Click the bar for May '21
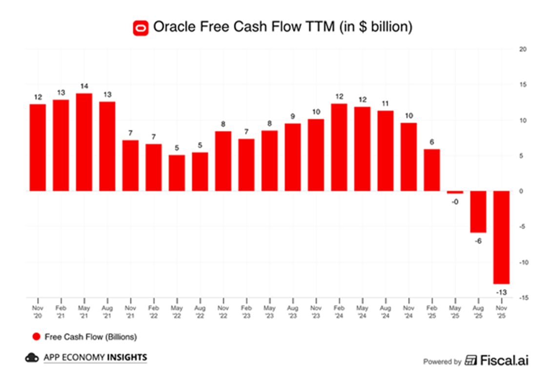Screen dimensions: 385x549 [84, 142]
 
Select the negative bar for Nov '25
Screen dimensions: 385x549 [501, 237]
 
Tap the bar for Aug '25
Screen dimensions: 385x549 [478, 212]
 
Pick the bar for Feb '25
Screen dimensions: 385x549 [432, 170]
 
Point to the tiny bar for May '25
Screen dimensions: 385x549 [455, 192]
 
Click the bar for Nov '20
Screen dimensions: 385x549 [38, 147]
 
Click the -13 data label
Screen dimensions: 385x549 [501, 292]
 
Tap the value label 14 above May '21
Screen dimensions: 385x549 [84, 86]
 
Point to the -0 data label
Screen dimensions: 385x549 [455, 201]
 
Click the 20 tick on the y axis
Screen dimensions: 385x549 [523, 49]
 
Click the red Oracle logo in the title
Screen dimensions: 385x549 [141, 27]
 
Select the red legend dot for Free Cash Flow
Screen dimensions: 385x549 [36, 337]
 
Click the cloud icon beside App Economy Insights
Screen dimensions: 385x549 [32, 358]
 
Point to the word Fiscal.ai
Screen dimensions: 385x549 [504, 361]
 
